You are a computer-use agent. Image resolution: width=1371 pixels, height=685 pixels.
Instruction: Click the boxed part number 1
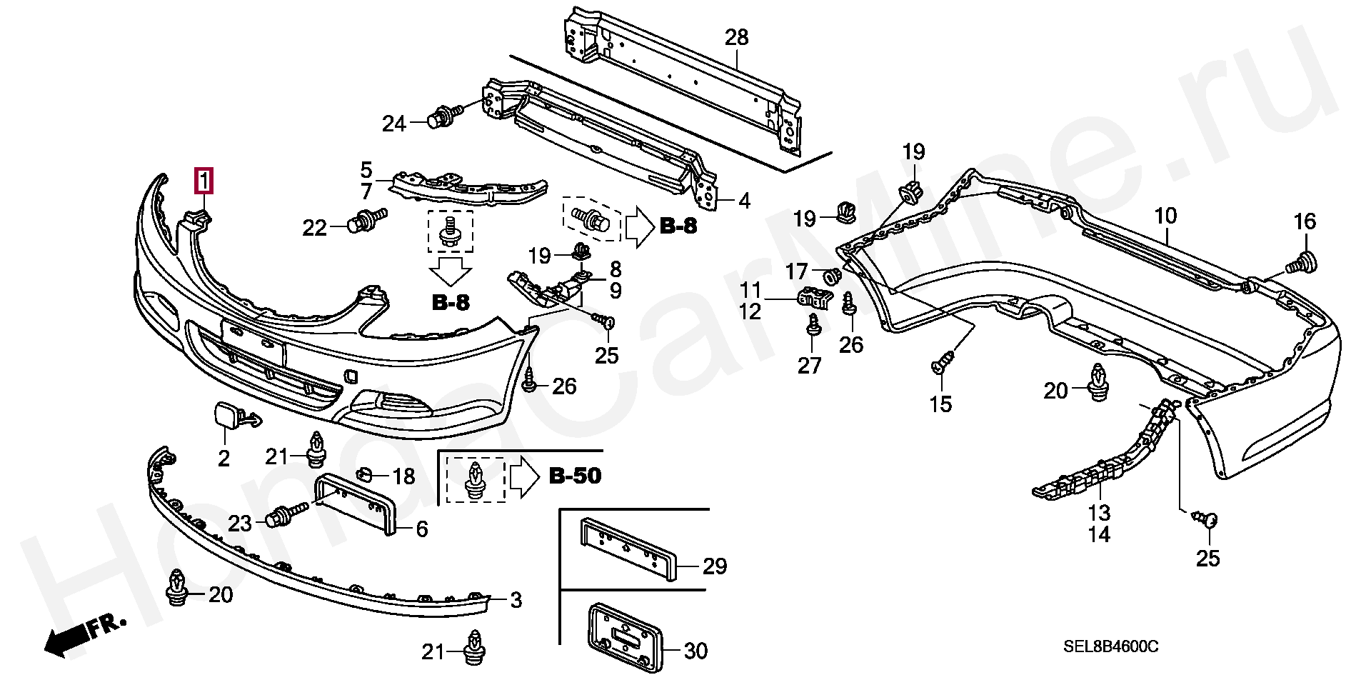(x=204, y=181)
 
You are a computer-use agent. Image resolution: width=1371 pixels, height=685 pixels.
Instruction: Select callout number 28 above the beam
(x=736, y=37)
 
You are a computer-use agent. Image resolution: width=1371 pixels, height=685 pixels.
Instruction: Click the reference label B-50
(x=575, y=476)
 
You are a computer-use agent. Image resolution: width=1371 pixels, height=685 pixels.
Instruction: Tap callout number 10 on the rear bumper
(x=1165, y=216)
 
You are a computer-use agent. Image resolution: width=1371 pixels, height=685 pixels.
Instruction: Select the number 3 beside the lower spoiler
(x=516, y=600)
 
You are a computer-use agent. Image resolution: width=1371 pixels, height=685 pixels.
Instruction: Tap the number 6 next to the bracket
(x=421, y=529)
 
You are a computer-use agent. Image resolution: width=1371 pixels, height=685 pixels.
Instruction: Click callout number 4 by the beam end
(x=744, y=201)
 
